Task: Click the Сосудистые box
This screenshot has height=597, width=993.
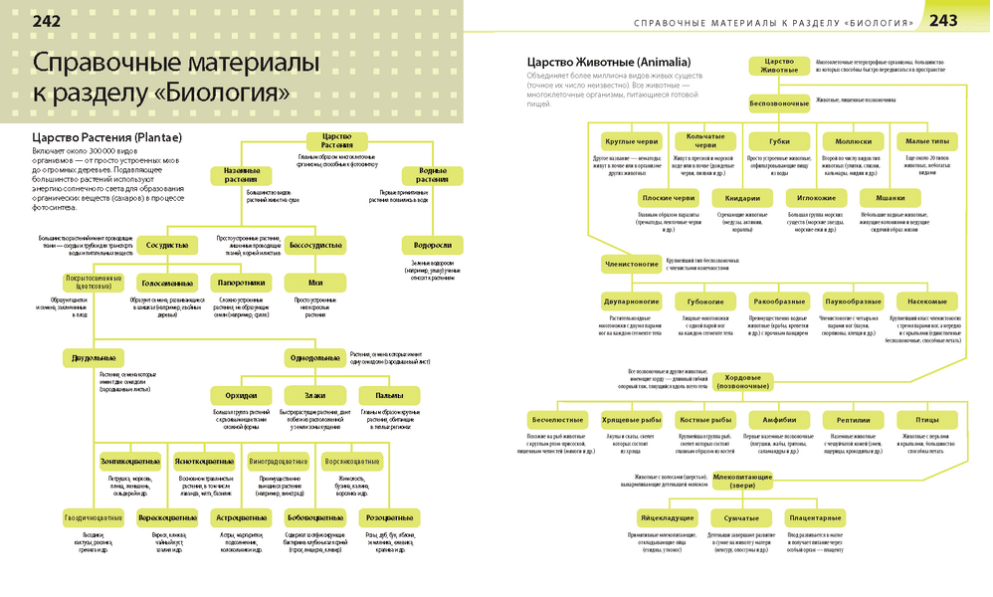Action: click(x=166, y=245)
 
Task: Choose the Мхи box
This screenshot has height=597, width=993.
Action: click(x=315, y=283)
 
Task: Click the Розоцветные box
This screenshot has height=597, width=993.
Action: click(x=389, y=518)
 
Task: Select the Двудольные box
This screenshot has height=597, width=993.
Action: click(x=92, y=357)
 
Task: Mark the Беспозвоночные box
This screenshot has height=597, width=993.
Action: click(x=779, y=102)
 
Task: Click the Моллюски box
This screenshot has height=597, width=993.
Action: click(x=853, y=140)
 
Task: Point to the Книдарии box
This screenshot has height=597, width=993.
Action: click(x=742, y=197)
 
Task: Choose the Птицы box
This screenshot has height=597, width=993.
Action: click(x=926, y=419)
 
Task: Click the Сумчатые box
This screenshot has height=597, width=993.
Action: click(x=741, y=518)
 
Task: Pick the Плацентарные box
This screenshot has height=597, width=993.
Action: click(x=816, y=518)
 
